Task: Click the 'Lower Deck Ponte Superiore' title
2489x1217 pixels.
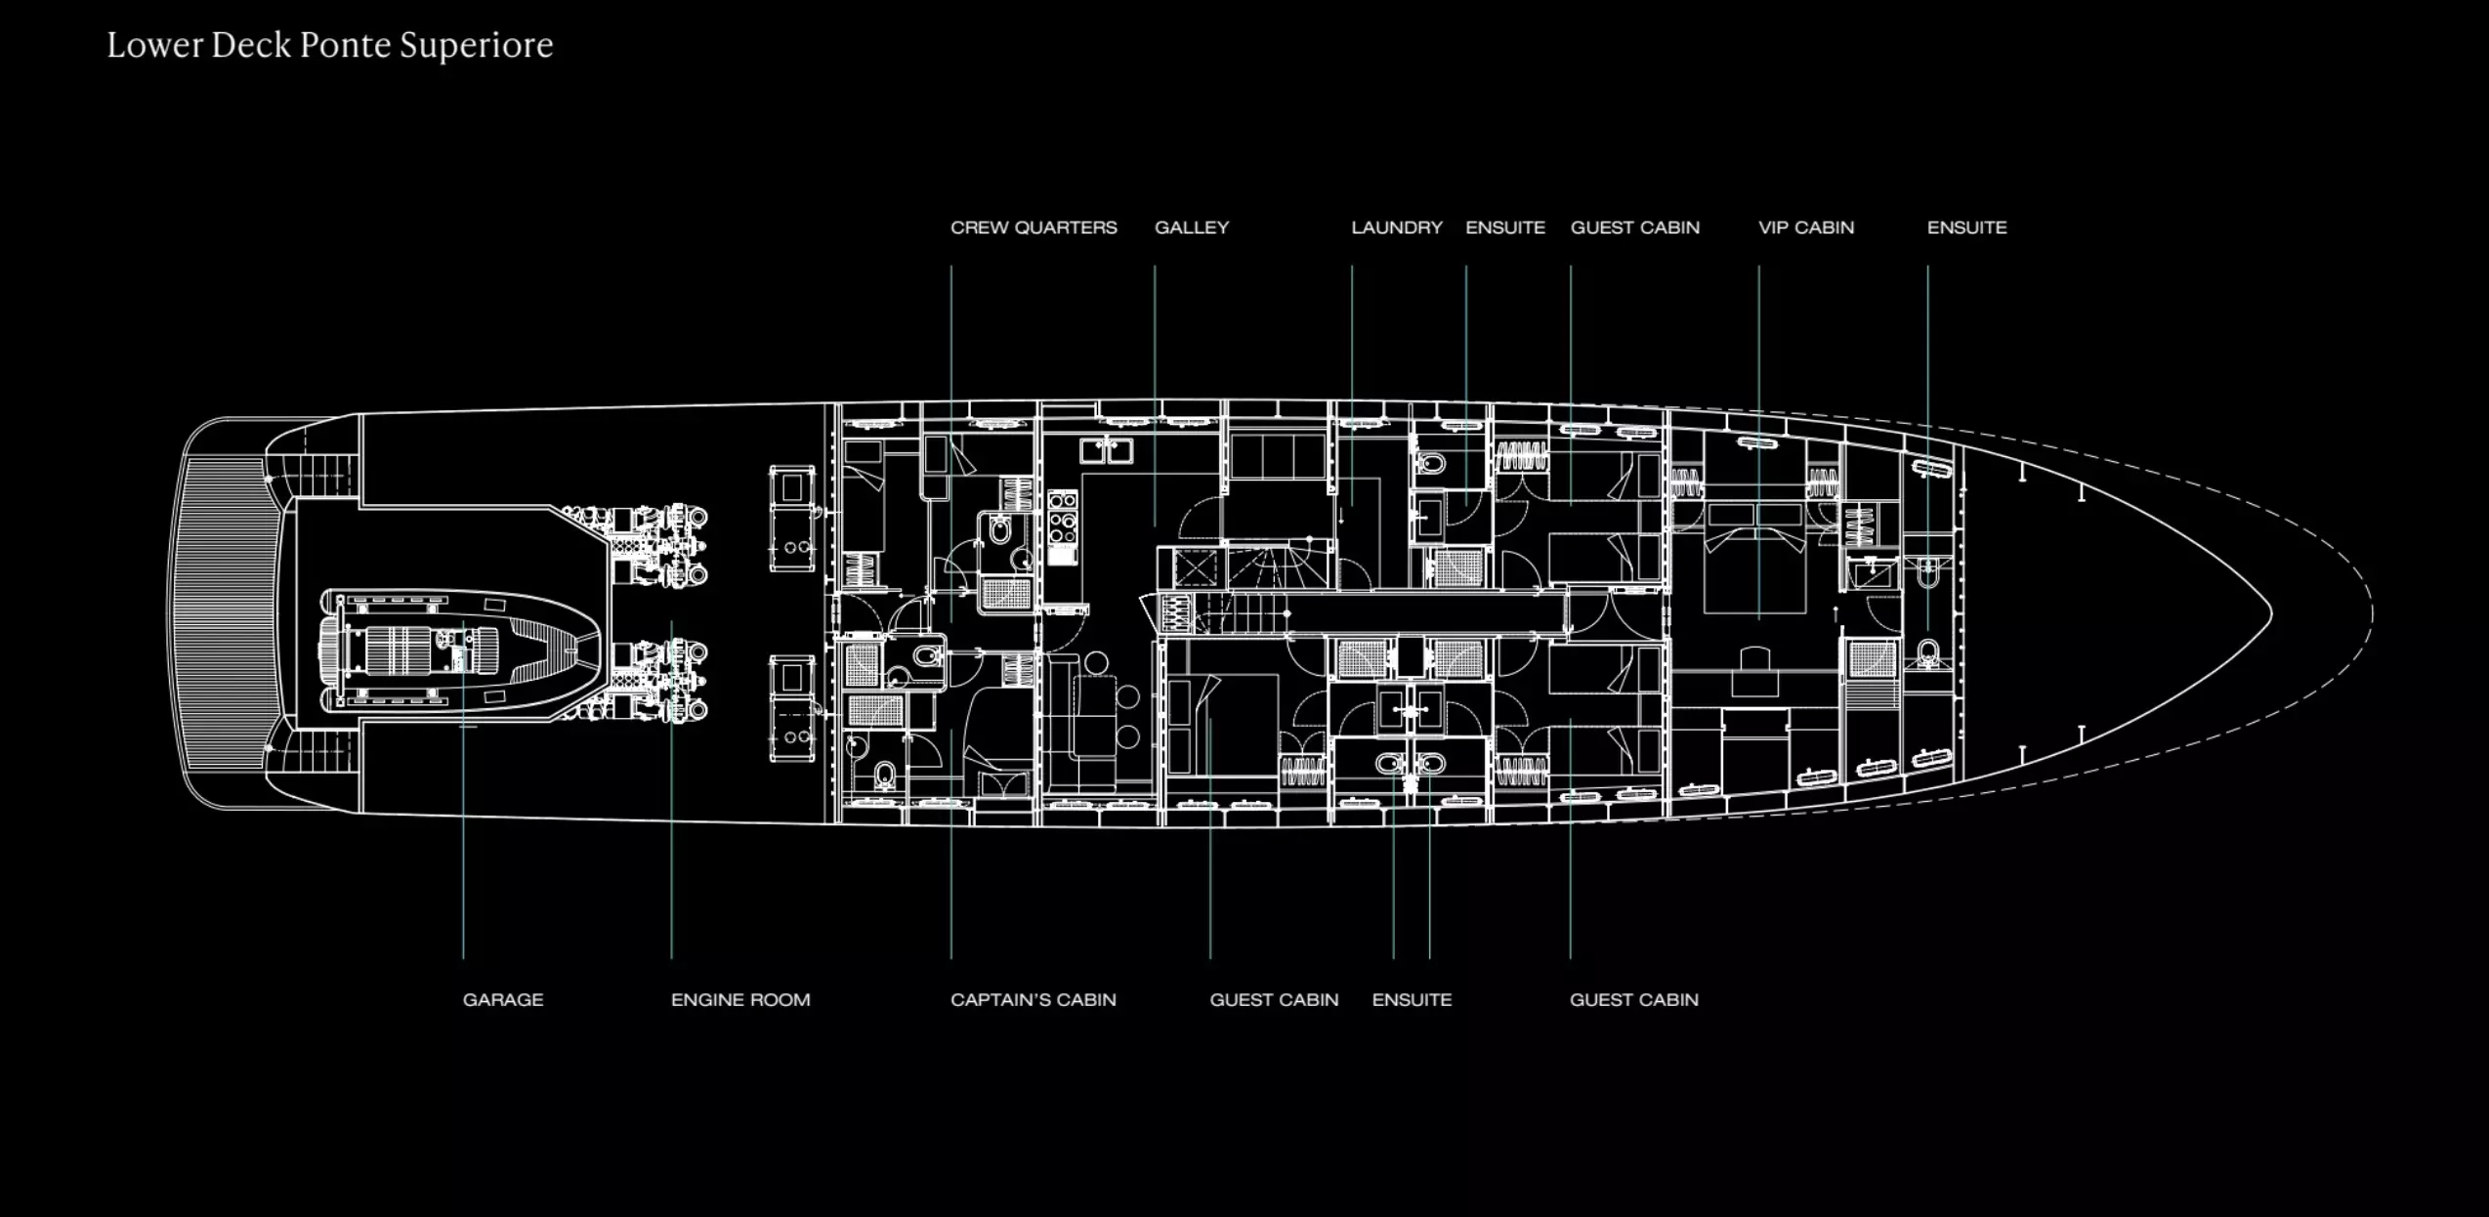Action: [329, 45]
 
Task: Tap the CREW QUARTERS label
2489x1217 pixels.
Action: [1033, 228]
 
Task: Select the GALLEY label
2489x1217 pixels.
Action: [1191, 228]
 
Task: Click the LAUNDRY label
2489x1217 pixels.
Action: [1396, 228]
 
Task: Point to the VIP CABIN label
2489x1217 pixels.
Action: [1805, 228]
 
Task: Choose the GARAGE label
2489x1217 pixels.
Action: [502, 999]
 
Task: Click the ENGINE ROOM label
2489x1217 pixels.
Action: [739, 999]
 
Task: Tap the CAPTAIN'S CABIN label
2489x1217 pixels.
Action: [1033, 999]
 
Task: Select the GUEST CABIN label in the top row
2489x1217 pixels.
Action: [1634, 228]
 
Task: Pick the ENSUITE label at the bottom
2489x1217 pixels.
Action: [1411, 999]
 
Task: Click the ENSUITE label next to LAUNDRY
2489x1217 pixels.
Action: [1504, 228]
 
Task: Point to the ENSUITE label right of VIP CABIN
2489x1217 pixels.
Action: [1966, 228]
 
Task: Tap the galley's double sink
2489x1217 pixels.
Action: [1106, 450]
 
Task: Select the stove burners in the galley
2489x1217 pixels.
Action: [1062, 518]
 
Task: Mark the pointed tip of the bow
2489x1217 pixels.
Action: [2269, 613]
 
